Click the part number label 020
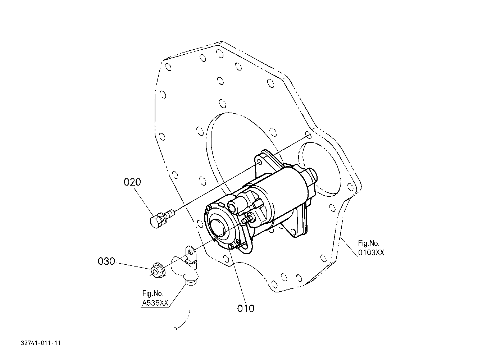point(132,182)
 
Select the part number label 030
point(106,261)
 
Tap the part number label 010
point(246,309)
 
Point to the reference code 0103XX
point(371,252)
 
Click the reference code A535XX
point(155,303)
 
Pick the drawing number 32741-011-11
point(41,343)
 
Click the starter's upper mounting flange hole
point(260,163)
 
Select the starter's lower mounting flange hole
point(293,232)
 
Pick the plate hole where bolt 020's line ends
point(308,135)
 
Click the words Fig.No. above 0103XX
point(369,243)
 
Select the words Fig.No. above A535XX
point(153,293)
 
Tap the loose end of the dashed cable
point(177,329)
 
